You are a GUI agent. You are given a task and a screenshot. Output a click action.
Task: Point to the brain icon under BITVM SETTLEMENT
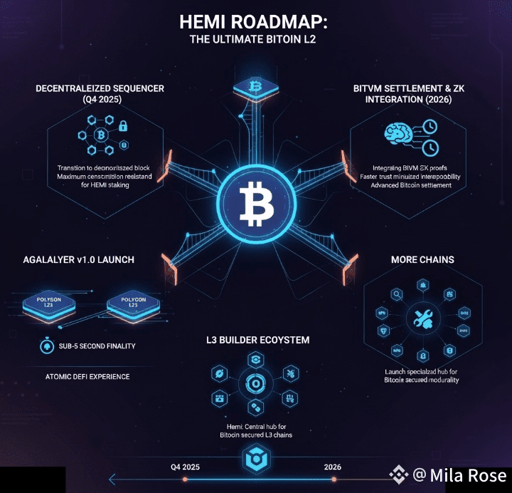(400, 133)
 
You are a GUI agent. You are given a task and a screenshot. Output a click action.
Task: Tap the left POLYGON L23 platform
(48, 303)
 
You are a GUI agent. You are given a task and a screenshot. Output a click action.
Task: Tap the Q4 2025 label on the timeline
(186, 467)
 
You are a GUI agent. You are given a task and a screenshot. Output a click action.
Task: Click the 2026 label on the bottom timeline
(332, 467)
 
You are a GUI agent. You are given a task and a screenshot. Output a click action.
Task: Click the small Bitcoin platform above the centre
(256, 88)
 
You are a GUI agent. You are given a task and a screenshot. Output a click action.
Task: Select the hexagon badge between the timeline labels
(256, 462)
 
